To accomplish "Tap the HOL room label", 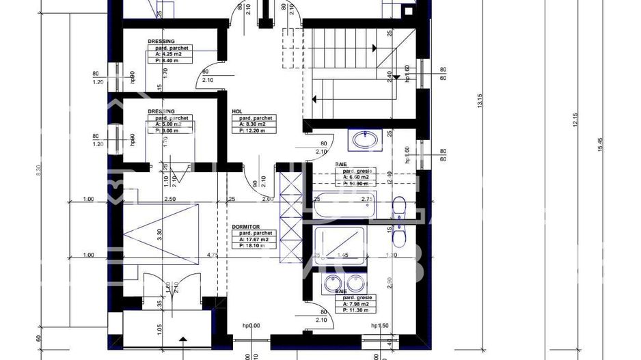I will [x=237, y=111].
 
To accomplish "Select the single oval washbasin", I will [x=362, y=141].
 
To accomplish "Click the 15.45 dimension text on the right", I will [x=600, y=144].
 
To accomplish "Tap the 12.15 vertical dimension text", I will [x=575, y=120].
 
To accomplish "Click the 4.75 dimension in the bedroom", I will [x=213, y=255].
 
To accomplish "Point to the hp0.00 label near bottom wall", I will [x=251, y=327].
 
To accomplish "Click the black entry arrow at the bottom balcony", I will [x=182, y=340].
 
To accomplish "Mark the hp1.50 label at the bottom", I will [x=380, y=327].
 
